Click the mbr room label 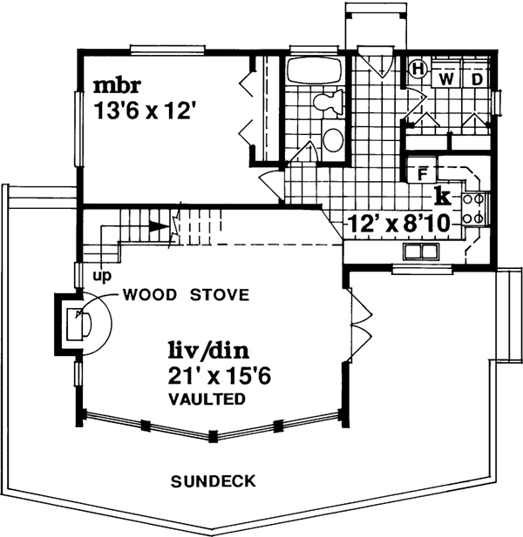coord(115,87)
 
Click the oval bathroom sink coord(332,138)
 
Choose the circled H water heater coord(418,68)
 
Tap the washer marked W coord(446,79)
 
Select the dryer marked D coord(476,79)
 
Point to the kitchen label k coord(442,193)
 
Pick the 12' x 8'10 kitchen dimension coord(398,224)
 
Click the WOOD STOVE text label coord(186,294)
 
